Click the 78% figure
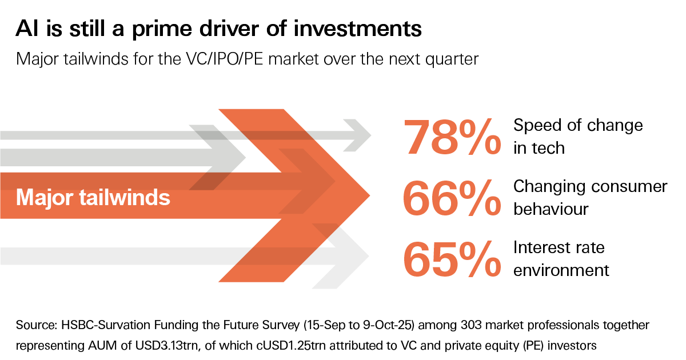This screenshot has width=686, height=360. [x=452, y=137]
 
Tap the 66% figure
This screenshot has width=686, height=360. [x=452, y=198]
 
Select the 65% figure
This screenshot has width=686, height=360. [x=452, y=258]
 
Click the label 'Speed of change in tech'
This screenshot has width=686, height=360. [x=577, y=137]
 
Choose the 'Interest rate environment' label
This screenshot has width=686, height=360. [x=561, y=258]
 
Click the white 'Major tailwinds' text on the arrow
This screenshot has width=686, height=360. [x=93, y=198]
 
